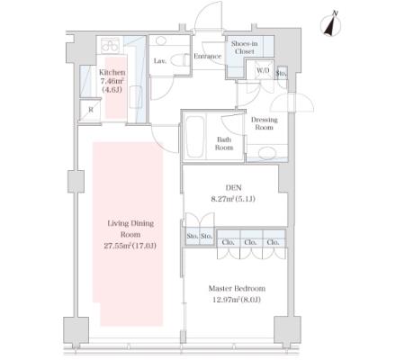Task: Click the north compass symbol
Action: tap(331, 24)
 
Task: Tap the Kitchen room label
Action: tap(112, 72)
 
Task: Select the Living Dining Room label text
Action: tap(130, 229)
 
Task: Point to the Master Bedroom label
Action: tap(237, 289)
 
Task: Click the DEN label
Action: tap(233, 188)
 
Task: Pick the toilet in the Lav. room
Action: tap(180, 60)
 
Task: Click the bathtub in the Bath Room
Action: tap(194, 136)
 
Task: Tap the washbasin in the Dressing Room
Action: tap(267, 153)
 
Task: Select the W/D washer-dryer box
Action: tap(263, 70)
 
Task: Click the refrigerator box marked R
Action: tap(91, 110)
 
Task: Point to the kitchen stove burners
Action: tap(110, 46)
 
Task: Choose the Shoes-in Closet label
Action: tap(244, 48)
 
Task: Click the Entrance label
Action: tap(207, 56)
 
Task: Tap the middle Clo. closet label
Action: tap(250, 242)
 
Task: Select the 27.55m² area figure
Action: tap(117, 246)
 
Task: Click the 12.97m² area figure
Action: tap(225, 300)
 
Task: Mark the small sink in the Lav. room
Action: tap(162, 40)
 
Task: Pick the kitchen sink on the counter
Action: tap(136, 96)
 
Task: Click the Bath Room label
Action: tap(224, 144)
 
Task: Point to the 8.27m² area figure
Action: tap(223, 199)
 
